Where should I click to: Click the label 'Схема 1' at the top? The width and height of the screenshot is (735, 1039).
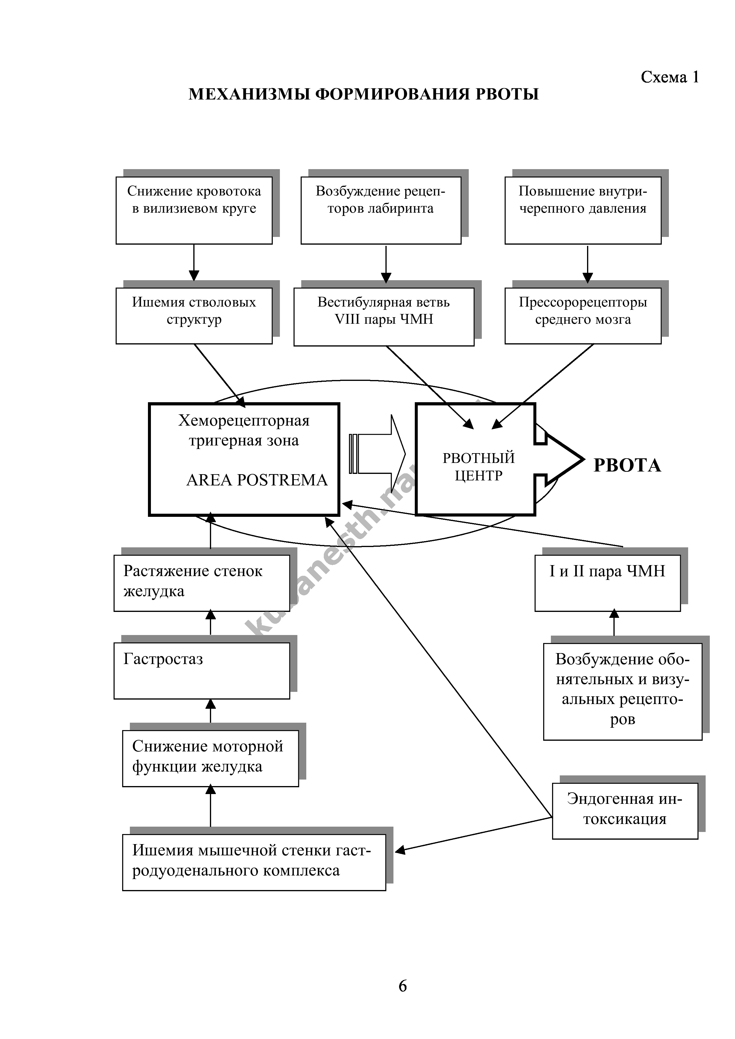(x=669, y=77)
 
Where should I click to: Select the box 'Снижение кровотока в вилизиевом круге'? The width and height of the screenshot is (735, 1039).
(x=194, y=210)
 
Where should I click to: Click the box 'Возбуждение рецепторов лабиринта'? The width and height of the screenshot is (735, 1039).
(x=380, y=210)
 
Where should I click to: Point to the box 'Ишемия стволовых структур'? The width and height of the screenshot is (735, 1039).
(x=194, y=315)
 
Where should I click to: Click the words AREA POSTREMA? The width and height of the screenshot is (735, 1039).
(x=256, y=480)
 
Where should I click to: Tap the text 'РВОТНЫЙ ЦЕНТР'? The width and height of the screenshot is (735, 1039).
(x=478, y=466)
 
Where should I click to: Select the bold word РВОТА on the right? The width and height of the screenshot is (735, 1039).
(x=627, y=466)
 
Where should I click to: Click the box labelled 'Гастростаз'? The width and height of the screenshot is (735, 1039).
(x=202, y=671)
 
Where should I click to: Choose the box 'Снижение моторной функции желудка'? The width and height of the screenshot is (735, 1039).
(x=210, y=758)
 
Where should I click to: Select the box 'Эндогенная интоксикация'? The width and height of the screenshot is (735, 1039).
(x=624, y=811)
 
